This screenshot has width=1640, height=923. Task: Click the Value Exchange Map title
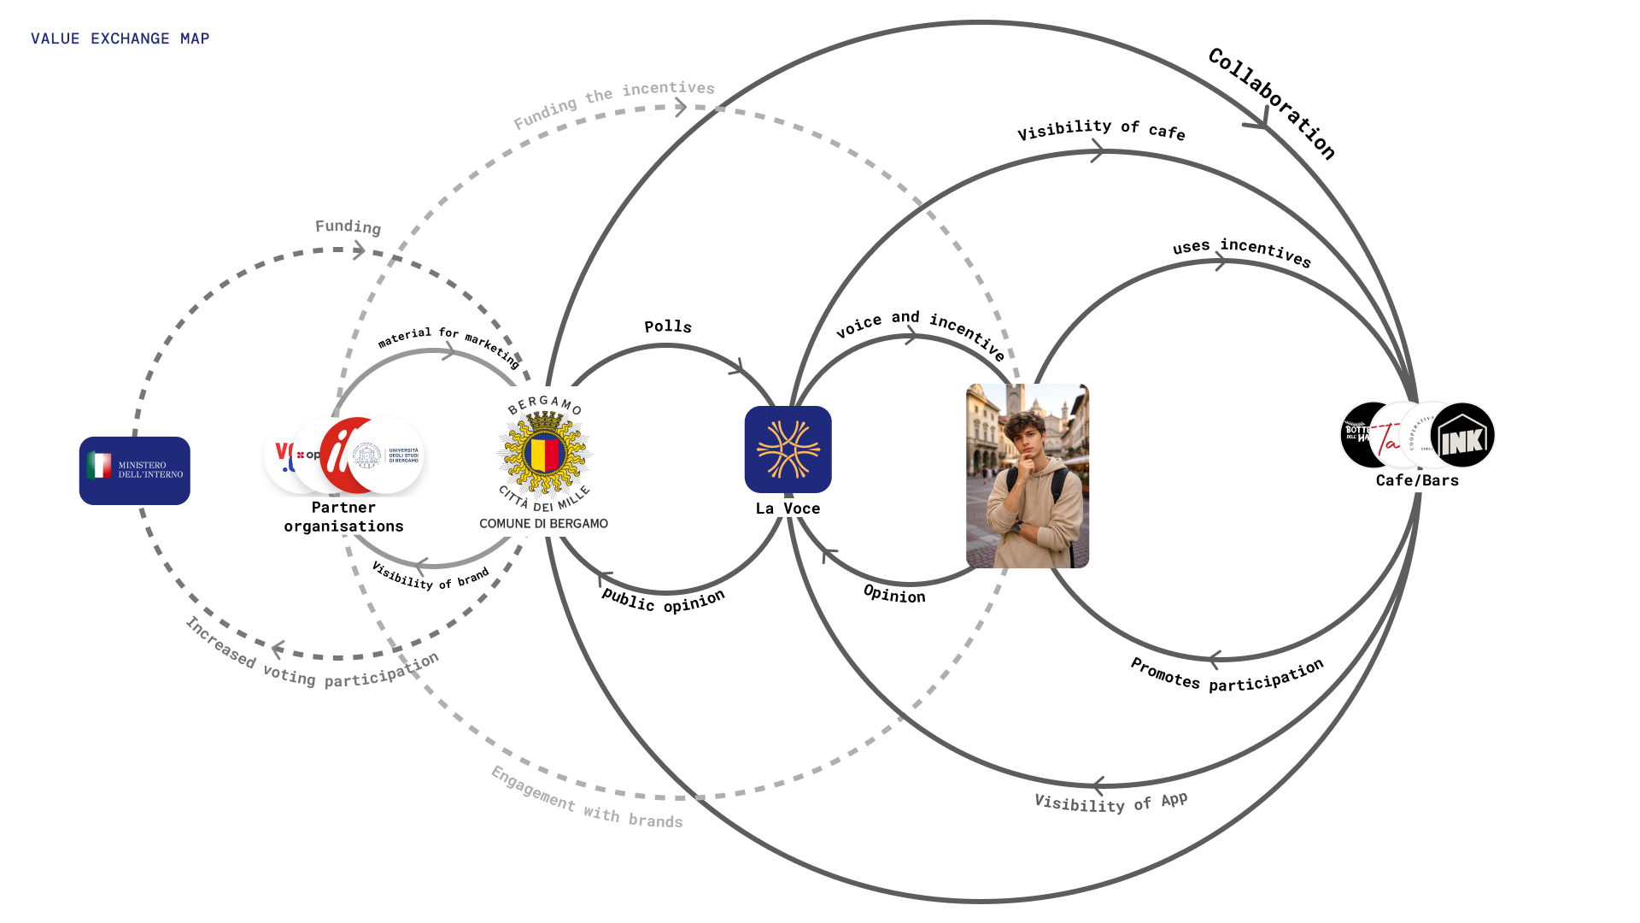click(x=120, y=38)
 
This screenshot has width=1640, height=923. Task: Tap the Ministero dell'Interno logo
click(x=135, y=470)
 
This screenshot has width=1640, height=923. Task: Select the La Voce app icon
click(x=788, y=450)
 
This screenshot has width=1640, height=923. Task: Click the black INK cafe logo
click(x=1463, y=436)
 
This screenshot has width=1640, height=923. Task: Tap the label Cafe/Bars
click(x=1417, y=480)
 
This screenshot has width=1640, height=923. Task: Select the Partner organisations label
click(x=343, y=517)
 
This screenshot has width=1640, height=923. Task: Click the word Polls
click(x=668, y=326)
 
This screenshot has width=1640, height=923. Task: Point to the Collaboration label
click(x=1272, y=103)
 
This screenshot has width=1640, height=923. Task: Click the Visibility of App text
click(x=1110, y=802)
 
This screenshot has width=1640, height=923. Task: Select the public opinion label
click(x=664, y=601)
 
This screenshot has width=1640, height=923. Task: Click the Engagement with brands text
click(x=587, y=799)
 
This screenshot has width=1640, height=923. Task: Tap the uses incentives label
click(x=1241, y=251)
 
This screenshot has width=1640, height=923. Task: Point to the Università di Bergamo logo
click(x=387, y=456)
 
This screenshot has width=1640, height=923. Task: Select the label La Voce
click(x=788, y=509)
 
